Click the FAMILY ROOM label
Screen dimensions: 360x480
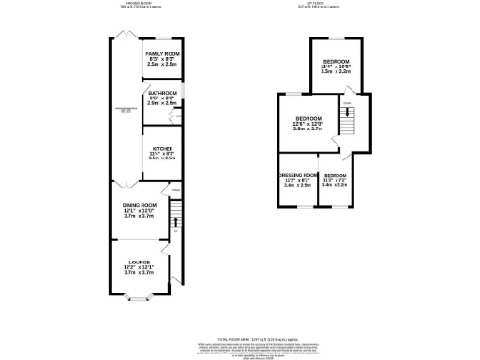tap(160, 54)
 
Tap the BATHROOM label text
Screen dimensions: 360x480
tap(160, 93)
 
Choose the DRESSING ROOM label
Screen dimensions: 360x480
tap(297, 175)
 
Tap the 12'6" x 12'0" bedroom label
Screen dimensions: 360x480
tap(306, 120)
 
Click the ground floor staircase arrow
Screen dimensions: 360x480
tap(174, 223)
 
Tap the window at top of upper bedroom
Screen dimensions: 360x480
tap(335, 36)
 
